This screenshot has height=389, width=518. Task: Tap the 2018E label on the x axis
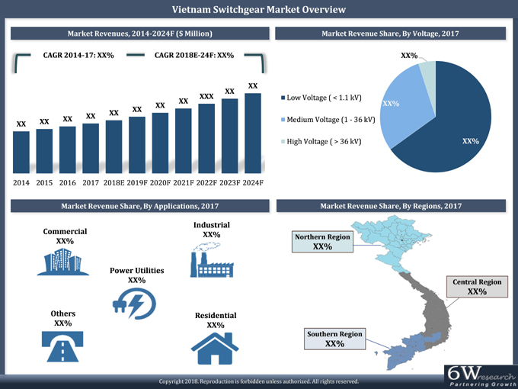pyautogui.click(x=114, y=183)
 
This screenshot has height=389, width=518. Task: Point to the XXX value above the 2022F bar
pyautogui.click(x=206, y=97)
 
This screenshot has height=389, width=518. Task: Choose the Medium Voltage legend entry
pyautogui.click(x=328, y=120)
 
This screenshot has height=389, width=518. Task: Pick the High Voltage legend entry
pyautogui.click(x=322, y=142)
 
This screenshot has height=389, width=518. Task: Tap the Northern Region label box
pyautogui.click(x=322, y=242)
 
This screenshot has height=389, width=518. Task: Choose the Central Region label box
pyautogui.click(x=477, y=287)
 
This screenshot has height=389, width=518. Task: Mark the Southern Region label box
pyautogui.click(x=334, y=339)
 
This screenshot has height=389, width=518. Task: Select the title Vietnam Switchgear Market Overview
pyautogui.click(x=259, y=9)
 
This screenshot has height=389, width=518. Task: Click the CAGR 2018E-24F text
pyautogui.click(x=193, y=56)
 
